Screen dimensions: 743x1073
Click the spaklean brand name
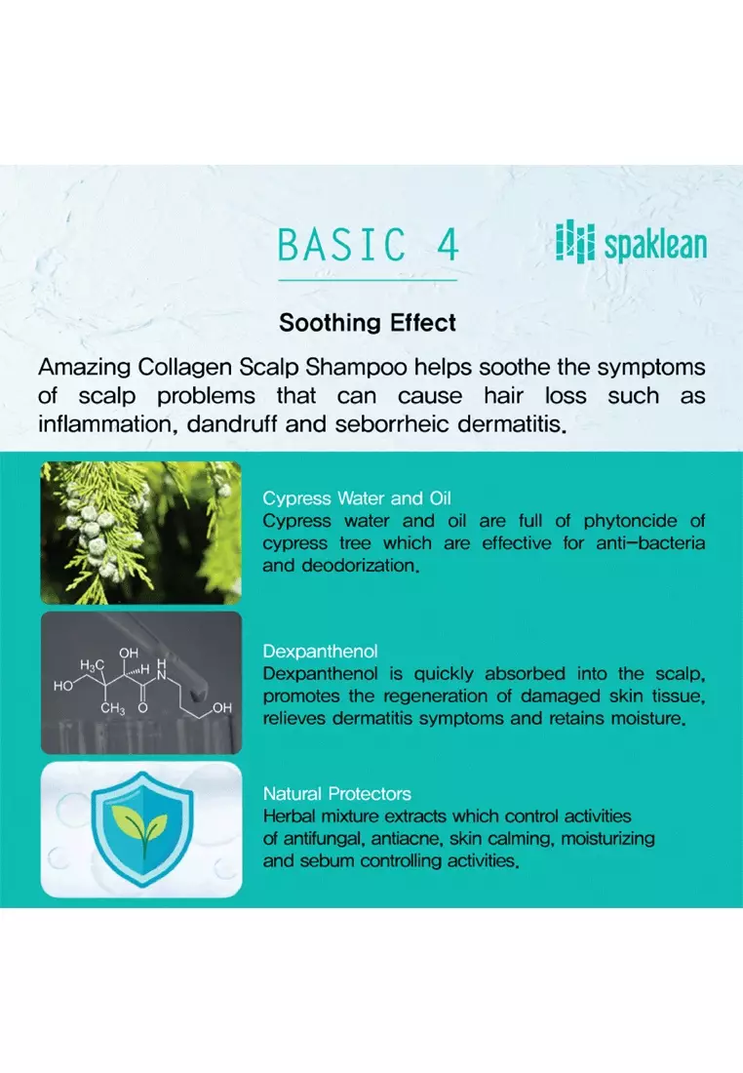pos(655,245)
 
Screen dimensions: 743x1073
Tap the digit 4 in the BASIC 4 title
pos(448,244)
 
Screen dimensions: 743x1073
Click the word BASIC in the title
pos(342,244)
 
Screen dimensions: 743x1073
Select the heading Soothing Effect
pos(368,322)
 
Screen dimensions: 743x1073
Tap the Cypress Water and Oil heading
pos(357,498)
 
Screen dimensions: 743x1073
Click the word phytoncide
pos(630,522)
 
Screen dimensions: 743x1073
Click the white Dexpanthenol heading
pos(320,651)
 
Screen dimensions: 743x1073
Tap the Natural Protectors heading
pos(337,794)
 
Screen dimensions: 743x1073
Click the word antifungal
pos(327,839)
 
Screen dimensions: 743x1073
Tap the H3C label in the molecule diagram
pos(93,665)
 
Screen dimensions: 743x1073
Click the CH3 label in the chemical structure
pos(113,708)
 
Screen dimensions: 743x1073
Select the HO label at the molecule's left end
pos(63,686)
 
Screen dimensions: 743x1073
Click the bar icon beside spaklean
pos(574,242)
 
